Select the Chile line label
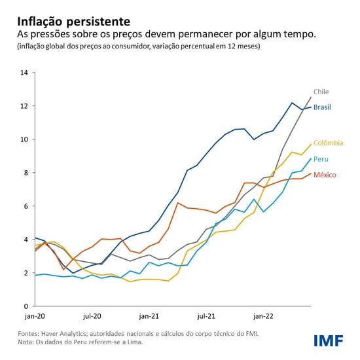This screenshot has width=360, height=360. pos(321,92)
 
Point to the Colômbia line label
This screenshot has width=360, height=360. pos(328,143)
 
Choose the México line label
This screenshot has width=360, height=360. pos(325,175)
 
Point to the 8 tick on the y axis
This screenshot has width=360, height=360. pos(26,173)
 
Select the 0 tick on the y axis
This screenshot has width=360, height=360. pos(26,306)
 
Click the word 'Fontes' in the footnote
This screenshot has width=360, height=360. pos(28,334)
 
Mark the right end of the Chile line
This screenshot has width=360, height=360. pos(311,97)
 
